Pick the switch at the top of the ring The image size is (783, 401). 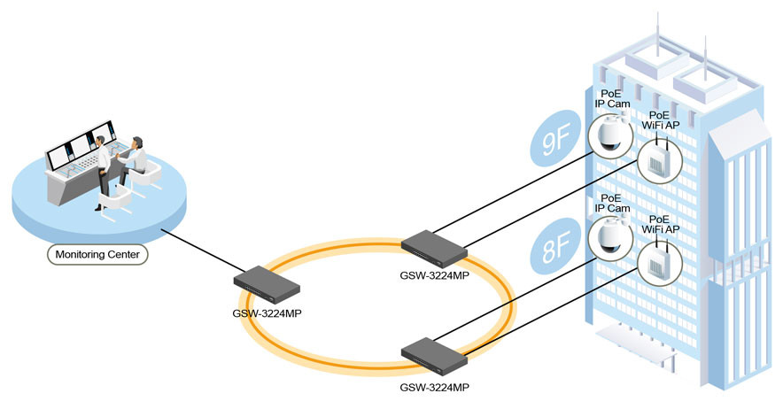tap(434, 246)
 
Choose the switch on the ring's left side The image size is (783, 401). tap(267, 281)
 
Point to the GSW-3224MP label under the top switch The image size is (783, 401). tap(434, 276)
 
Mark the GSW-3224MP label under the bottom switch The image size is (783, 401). tap(434, 387)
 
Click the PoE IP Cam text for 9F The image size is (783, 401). tap(611, 98)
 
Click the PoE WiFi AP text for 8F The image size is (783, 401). tap(664, 223)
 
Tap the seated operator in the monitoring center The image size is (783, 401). tap(135, 159)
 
